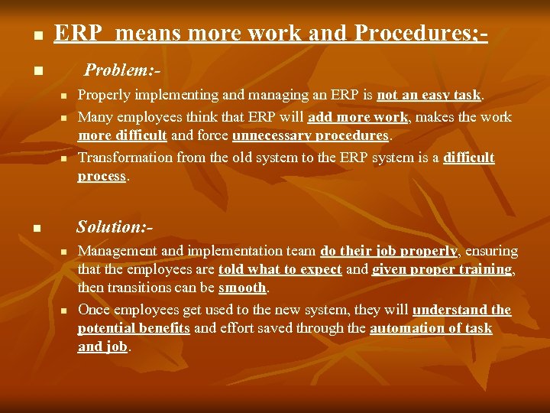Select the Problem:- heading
click(x=122, y=70)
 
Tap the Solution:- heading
click(x=115, y=226)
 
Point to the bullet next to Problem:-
click(x=37, y=73)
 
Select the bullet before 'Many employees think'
click(x=65, y=119)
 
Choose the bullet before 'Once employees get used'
click(x=65, y=311)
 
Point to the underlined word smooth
click(x=242, y=288)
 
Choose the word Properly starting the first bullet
click(x=105, y=96)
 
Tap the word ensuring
click(x=492, y=251)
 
